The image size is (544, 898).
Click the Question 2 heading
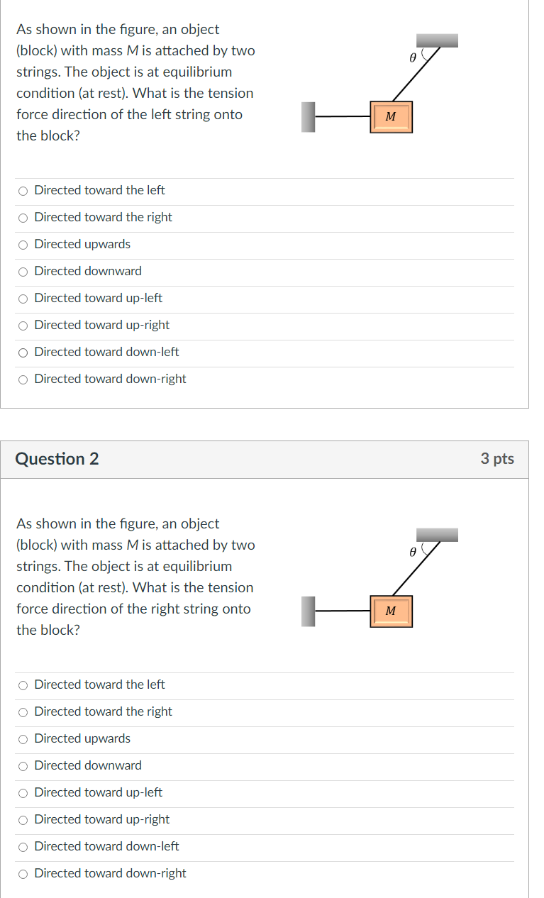(57, 459)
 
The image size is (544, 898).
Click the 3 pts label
(496, 459)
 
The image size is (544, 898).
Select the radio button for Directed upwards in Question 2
(23, 739)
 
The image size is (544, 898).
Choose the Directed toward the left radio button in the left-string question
(23, 191)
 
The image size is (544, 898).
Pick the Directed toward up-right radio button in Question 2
(23, 820)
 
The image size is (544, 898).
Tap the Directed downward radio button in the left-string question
(23, 272)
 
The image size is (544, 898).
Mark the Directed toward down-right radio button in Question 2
(23, 874)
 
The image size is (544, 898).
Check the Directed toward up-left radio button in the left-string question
(23, 299)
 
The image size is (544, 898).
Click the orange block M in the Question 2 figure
(390, 611)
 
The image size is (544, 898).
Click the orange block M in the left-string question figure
(390, 117)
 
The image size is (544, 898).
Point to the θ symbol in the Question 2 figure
(411, 552)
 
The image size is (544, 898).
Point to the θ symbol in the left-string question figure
(411, 57)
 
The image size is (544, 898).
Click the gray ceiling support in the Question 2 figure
(437, 534)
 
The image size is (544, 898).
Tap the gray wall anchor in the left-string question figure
(308, 117)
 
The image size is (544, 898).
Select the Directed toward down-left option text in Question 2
(106, 846)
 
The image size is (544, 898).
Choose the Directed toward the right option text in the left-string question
(103, 217)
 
